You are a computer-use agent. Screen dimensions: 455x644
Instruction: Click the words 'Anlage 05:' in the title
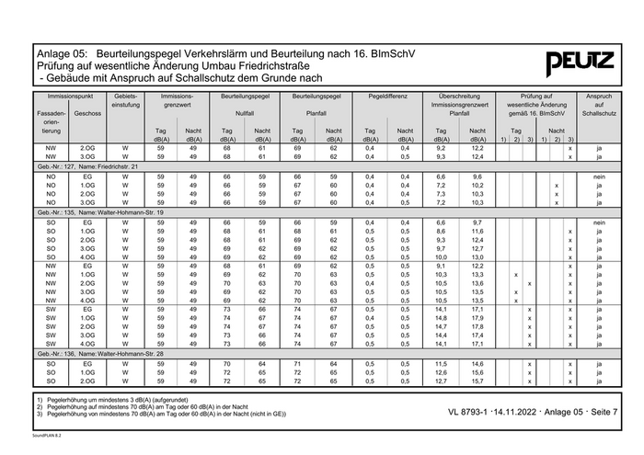point(63,54)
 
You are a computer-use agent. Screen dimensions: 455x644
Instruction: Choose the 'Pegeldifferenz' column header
point(387,96)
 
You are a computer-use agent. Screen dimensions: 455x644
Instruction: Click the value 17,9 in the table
point(477,318)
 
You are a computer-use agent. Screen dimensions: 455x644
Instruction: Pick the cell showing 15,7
point(477,381)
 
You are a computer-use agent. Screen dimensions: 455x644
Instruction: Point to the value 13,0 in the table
point(477,257)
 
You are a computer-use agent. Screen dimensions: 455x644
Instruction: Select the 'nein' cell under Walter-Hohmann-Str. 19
point(598,222)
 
